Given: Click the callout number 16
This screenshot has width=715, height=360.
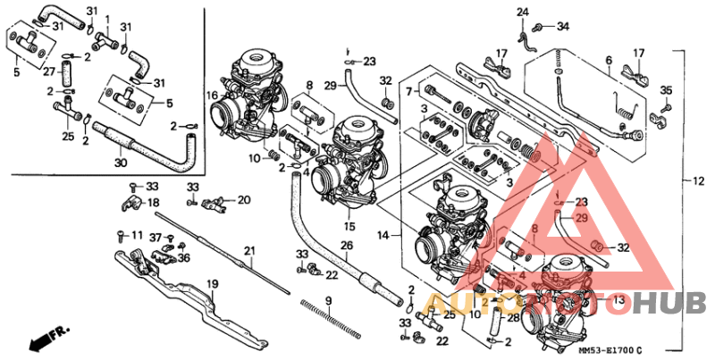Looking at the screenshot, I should click(x=213, y=95).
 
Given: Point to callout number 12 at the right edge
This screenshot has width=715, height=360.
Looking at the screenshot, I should click(x=699, y=181).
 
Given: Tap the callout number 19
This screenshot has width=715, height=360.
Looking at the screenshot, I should click(x=214, y=284).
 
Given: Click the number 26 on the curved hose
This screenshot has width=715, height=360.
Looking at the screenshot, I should click(x=347, y=246).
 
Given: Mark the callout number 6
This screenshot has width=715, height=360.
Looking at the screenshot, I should click(x=608, y=60).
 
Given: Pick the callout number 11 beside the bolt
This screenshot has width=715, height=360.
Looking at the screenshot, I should click(x=137, y=235).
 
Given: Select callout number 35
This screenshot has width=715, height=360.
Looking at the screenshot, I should click(x=666, y=90).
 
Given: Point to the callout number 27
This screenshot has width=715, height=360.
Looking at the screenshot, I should click(x=49, y=72).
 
